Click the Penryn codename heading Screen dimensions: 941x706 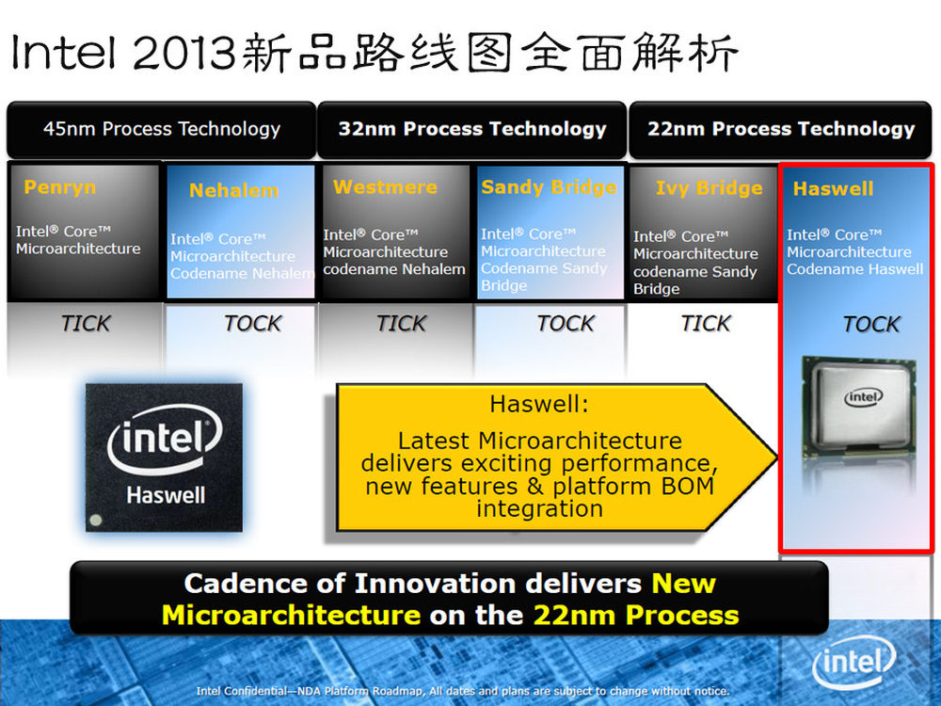pyautogui.click(x=60, y=187)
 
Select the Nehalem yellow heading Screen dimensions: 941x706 pyautogui.click(x=234, y=190)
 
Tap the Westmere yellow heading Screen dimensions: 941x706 pyautogui.click(x=385, y=186)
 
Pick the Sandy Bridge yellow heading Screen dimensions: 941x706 pyautogui.click(x=549, y=187)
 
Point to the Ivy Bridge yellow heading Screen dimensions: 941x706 pyautogui.click(x=709, y=188)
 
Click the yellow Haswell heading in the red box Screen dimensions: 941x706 pyautogui.click(x=833, y=188)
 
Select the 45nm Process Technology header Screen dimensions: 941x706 pyautogui.click(x=162, y=129)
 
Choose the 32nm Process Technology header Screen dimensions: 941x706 pyautogui.click(x=472, y=129)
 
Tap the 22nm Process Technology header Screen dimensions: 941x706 pyautogui.click(x=781, y=129)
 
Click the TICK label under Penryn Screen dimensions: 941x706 pyautogui.click(x=86, y=324)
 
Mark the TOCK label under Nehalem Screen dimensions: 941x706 pyautogui.click(x=252, y=324)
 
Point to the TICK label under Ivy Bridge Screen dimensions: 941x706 pyautogui.click(x=706, y=324)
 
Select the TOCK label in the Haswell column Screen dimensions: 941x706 pyautogui.click(x=871, y=324)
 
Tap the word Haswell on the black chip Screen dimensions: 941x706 pyautogui.click(x=166, y=495)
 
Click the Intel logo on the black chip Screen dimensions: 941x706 pyautogui.click(x=165, y=440)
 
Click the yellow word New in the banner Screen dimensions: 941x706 pyautogui.click(x=683, y=584)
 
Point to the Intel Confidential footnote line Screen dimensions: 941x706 pyautogui.click(x=463, y=691)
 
